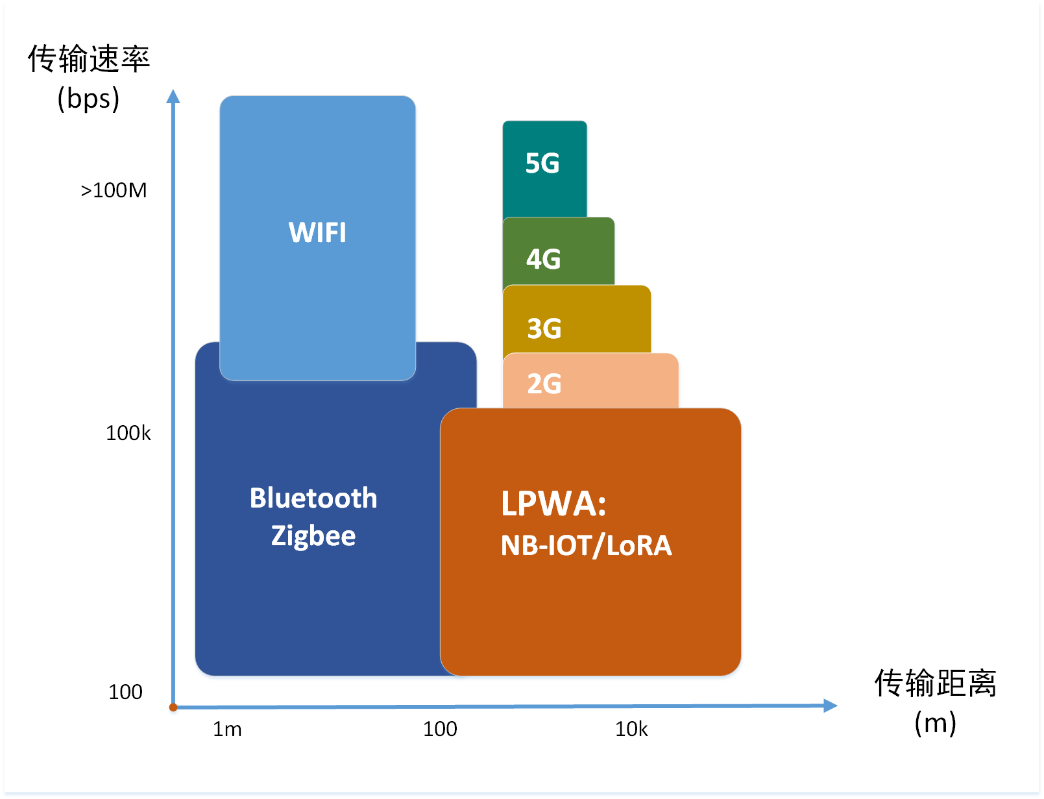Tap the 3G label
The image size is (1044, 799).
(544, 328)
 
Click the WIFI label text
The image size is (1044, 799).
(317, 232)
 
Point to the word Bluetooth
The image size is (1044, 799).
(313, 498)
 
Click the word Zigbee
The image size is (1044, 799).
(313, 536)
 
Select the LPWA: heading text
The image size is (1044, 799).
(553, 504)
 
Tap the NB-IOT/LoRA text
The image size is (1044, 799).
(586, 545)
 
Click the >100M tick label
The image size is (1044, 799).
(114, 190)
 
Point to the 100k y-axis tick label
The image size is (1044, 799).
(128, 433)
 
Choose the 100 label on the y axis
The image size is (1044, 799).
(125, 692)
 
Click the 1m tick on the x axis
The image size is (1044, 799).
(227, 730)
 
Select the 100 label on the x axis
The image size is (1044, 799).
(440, 729)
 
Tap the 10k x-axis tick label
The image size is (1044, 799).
(631, 730)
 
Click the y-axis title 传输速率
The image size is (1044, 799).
(89, 59)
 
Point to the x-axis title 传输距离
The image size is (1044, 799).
(935, 683)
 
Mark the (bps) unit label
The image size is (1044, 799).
(88, 99)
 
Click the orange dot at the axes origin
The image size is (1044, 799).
(173, 707)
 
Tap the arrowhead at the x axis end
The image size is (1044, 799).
(831, 706)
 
